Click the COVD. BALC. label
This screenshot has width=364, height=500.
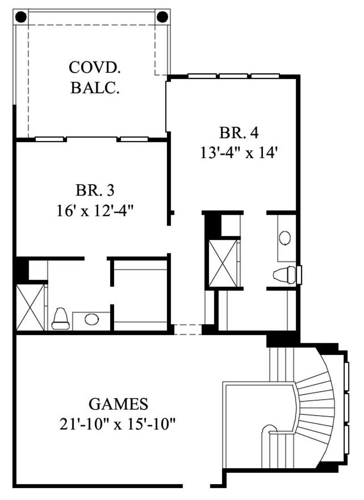(x=95, y=77)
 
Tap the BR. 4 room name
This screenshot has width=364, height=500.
(x=239, y=133)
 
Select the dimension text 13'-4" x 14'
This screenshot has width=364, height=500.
(x=239, y=153)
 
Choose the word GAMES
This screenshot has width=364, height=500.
(x=118, y=404)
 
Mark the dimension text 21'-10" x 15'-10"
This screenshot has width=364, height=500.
(x=118, y=424)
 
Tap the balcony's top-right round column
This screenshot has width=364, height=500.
(x=162, y=17)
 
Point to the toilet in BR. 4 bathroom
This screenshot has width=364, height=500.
(x=283, y=275)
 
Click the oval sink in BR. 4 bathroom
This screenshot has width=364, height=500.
(x=285, y=238)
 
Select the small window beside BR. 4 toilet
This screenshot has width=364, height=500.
(x=299, y=274)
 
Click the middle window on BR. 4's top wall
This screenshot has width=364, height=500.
(x=234, y=76)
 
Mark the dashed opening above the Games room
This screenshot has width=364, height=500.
(x=187, y=329)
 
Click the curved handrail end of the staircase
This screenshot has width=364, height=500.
(x=269, y=429)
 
